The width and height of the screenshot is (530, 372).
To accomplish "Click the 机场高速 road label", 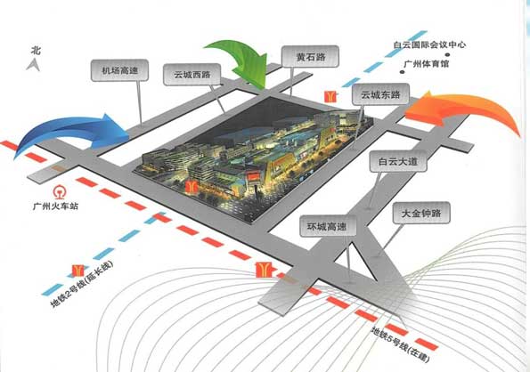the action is pos(119,70).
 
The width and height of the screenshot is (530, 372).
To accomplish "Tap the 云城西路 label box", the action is pos(192,75).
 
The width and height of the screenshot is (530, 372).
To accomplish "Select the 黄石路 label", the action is pos(310,56).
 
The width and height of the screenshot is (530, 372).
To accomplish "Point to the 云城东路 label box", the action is pos(380,94).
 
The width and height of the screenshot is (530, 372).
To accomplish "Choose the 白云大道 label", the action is pos(398,161).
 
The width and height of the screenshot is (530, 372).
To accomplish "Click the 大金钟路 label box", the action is pos(421,213).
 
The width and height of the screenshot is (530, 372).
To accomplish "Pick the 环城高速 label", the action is pos(328,226).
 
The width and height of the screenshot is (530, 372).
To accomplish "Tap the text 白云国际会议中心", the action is pos(429,44).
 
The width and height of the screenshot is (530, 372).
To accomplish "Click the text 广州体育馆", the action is pos(427,63).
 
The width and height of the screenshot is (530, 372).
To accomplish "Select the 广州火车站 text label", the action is pos(55,206).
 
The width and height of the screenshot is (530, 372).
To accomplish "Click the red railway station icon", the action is pos(59,191).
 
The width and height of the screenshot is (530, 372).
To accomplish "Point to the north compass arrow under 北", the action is pos(33,64).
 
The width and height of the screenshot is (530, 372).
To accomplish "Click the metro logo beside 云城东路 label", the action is pos(330,97).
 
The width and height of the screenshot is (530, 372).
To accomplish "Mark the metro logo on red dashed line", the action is pos(265,270).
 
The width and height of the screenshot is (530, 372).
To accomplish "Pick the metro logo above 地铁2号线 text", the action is pos(77,271).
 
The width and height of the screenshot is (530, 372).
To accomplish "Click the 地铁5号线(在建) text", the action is pos(401,345).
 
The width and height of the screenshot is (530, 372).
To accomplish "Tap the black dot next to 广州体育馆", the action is pos(402,72).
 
